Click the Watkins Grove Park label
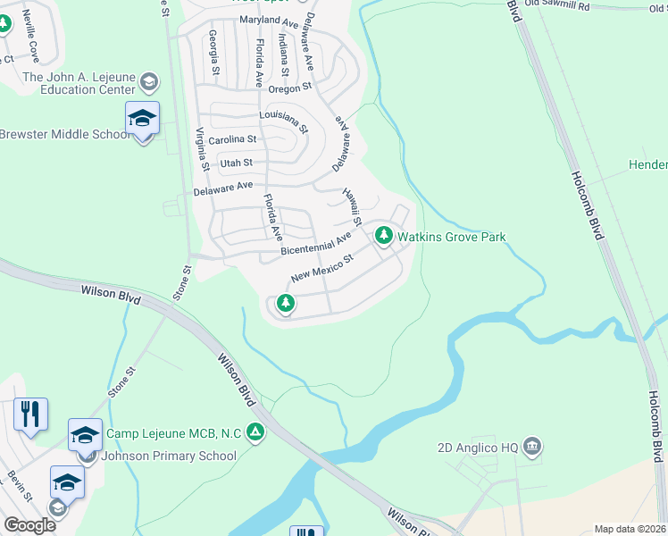tap(452, 237)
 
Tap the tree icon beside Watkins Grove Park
tap(384, 236)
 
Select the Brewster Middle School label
tap(64, 135)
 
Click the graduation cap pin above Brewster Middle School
tap(142, 119)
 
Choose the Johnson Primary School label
tap(168, 456)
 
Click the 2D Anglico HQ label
tap(479, 446)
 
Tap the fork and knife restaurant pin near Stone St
tap(30, 415)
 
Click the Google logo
tap(29, 525)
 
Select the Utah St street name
tap(236, 163)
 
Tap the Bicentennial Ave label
tap(316, 244)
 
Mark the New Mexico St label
tap(322, 265)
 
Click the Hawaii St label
tap(351, 206)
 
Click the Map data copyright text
tap(630, 529)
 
